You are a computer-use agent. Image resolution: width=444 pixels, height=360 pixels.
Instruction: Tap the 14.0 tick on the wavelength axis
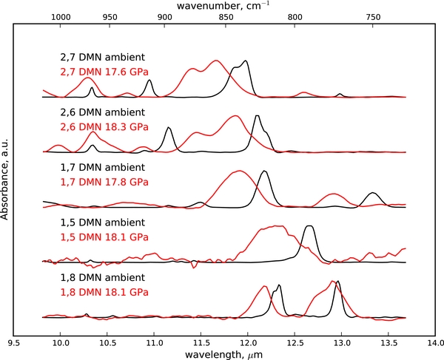(435, 342)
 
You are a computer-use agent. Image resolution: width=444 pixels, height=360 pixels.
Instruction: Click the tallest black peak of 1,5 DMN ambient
(309, 226)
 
